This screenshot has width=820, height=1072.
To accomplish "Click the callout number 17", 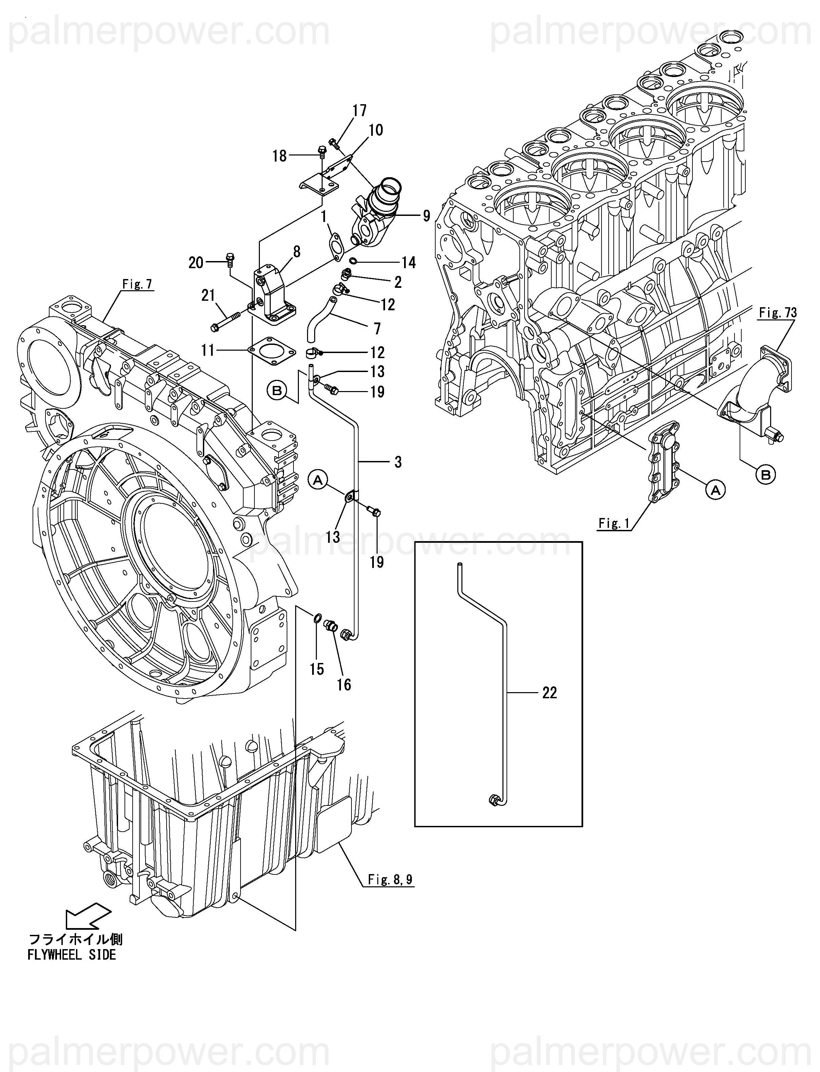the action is [x=359, y=111].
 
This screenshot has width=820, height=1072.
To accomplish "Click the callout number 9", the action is [x=426, y=215].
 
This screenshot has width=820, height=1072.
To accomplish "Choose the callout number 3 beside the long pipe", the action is [x=398, y=462].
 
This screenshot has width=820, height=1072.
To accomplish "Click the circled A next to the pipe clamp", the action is [x=318, y=481].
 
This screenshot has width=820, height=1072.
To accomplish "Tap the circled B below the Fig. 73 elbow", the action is [x=766, y=474].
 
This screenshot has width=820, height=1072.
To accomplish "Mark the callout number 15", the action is [x=317, y=669].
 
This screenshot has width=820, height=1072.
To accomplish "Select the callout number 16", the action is [x=344, y=685].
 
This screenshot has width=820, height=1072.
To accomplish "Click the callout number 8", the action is [x=296, y=252].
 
